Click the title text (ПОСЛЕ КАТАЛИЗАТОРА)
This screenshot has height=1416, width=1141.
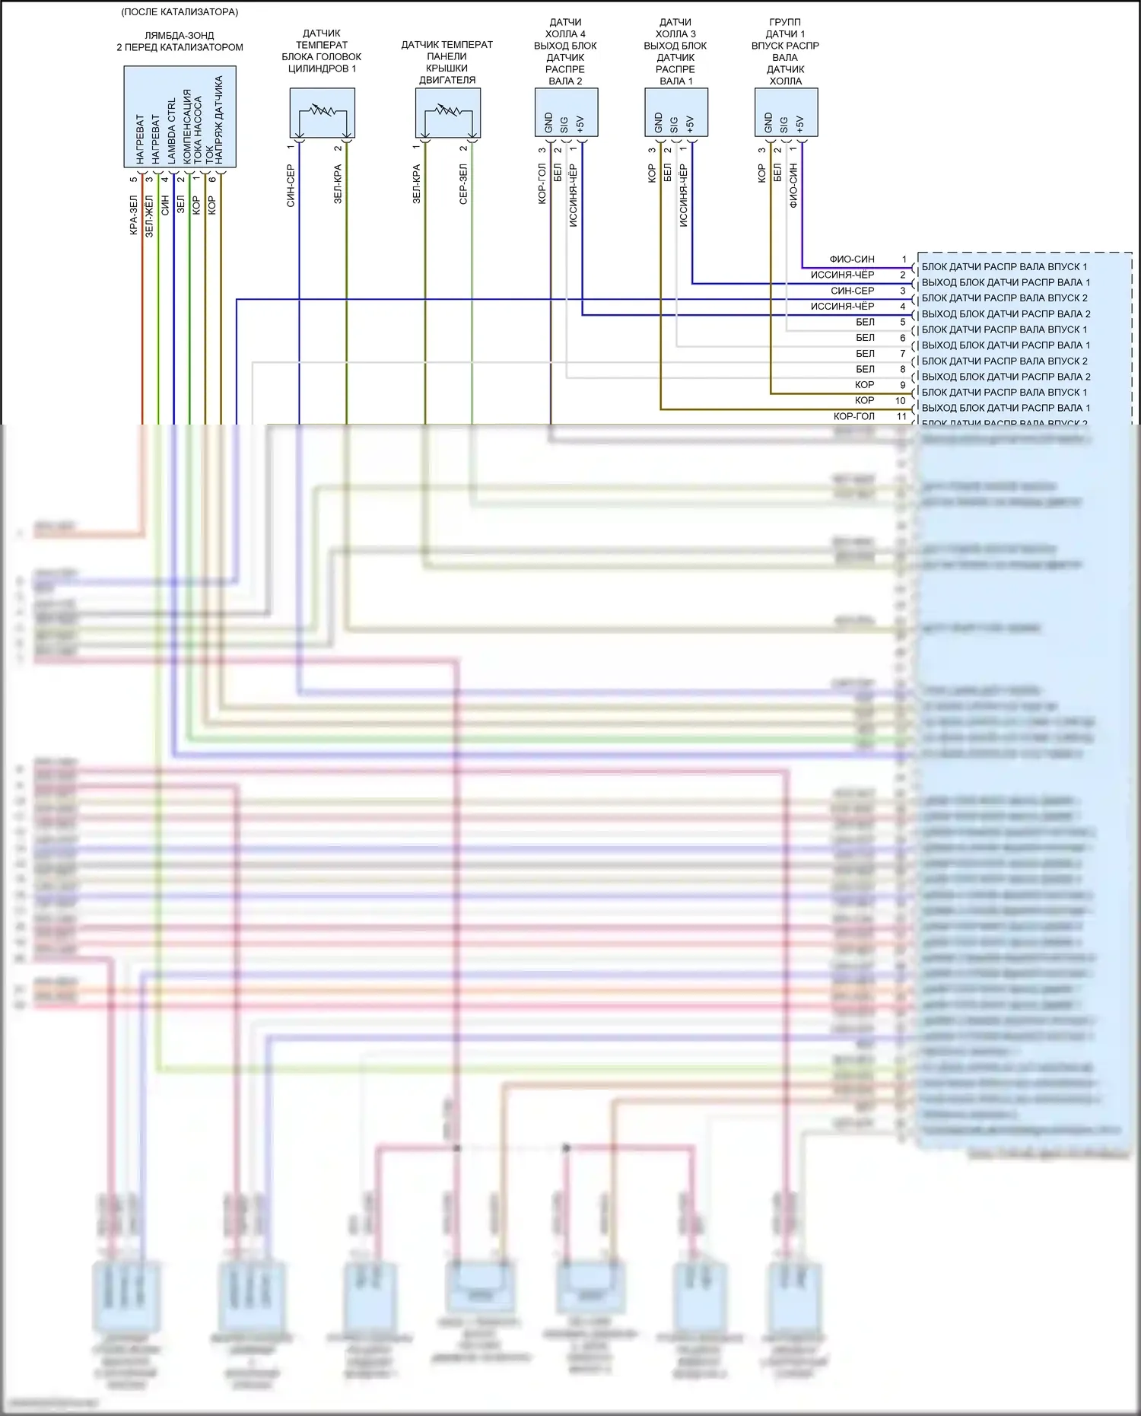[180, 12]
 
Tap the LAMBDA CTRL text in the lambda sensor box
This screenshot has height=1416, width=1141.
[172, 131]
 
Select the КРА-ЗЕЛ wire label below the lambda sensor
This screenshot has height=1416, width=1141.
[134, 215]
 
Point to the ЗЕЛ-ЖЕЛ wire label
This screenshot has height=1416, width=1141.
[149, 217]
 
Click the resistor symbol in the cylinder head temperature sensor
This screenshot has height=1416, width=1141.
[322, 111]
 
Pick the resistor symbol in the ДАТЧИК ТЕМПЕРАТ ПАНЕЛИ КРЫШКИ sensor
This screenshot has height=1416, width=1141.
[447, 111]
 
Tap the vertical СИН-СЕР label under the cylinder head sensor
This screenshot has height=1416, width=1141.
[291, 186]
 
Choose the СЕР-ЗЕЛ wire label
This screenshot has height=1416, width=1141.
[463, 184]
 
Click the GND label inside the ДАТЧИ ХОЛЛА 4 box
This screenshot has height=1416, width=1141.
[548, 123]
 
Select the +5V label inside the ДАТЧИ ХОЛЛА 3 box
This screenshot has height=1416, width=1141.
[691, 124]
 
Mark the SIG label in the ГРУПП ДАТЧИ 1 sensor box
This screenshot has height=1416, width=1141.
[784, 124]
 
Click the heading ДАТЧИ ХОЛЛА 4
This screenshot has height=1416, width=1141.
[565, 28]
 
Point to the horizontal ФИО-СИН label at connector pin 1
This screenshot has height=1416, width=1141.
[852, 259]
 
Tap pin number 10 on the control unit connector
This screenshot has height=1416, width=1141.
[901, 401]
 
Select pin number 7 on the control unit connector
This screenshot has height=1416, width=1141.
[903, 354]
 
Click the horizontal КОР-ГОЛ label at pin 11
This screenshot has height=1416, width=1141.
[854, 417]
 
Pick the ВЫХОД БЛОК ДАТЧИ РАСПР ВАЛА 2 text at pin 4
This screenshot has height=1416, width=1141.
[1006, 314]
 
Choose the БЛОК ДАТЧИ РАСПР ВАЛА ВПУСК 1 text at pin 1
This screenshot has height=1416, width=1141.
[1004, 267]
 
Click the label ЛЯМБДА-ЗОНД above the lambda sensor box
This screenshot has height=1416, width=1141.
[180, 36]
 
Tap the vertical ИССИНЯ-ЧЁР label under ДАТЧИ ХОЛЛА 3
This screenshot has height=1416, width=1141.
[684, 196]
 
